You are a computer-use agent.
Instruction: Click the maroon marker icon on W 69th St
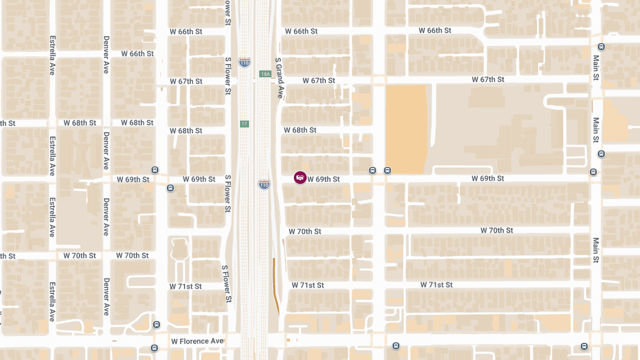click(x=300, y=178)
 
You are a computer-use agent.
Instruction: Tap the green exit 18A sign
click(x=265, y=74)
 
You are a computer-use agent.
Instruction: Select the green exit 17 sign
click(x=244, y=124)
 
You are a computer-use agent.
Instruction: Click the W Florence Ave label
click(x=197, y=341)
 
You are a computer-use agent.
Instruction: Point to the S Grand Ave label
click(x=278, y=78)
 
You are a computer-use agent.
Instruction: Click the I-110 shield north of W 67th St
click(x=244, y=62)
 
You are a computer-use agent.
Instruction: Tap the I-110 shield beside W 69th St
click(x=264, y=185)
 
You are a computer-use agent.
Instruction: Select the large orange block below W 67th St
click(x=406, y=129)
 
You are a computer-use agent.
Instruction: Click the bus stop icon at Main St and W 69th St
click(x=593, y=172)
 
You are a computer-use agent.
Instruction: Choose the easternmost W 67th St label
click(x=488, y=79)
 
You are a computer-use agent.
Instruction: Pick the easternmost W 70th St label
click(x=497, y=230)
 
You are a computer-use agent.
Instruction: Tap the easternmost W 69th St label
click(x=487, y=178)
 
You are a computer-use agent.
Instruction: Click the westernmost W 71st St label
click(x=186, y=286)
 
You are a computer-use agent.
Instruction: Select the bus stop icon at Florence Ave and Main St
click(x=584, y=347)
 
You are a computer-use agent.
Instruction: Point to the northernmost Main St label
click(x=596, y=68)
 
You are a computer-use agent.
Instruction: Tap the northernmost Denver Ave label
click(x=106, y=54)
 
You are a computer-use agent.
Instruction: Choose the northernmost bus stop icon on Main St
click(x=601, y=46)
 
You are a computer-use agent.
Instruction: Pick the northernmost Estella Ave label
click(x=52, y=55)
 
